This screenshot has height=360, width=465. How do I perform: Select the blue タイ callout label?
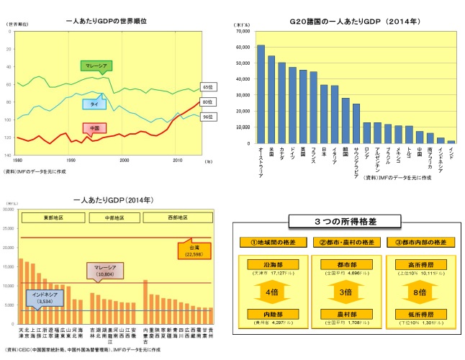tap(95, 104)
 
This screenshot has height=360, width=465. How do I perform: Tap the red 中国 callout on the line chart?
tap(95, 129)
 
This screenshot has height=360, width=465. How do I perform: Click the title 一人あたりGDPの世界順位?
tap(107, 22)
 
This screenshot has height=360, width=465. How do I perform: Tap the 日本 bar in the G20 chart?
tap(324, 114)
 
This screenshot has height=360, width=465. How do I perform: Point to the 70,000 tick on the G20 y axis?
tap(242, 32)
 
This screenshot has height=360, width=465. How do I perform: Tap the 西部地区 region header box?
tap(174, 216)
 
